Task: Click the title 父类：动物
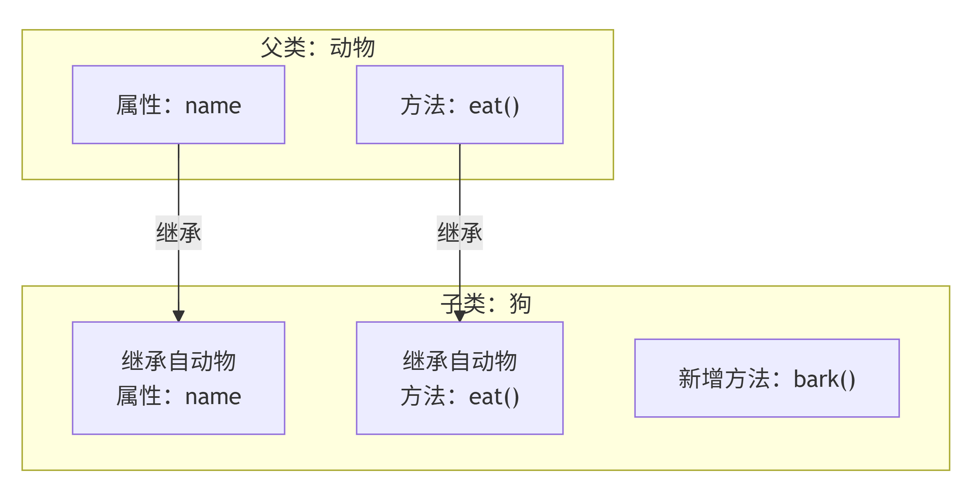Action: click(318, 48)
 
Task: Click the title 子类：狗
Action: click(486, 304)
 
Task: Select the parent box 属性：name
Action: click(178, 105)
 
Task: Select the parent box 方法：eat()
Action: click(460, 105)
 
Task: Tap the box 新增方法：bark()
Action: click(767, 378)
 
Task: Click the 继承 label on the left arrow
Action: click(178, 232)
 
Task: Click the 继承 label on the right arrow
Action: click(460, 232)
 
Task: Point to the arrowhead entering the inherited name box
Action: click(179, 316)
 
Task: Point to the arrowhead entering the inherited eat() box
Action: click(460, 316)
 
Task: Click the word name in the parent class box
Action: click(213, 106)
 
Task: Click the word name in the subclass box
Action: click(213, 397)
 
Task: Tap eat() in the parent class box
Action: click(494, 106)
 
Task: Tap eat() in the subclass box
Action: click(494, 397)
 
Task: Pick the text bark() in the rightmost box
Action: click(824, 379)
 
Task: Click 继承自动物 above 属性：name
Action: click(178, 361)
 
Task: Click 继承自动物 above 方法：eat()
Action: click(460, 361)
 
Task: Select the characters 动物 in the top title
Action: click(352, 48)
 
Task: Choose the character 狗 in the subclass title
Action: click(520, 304)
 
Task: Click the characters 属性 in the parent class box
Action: click(138, 105)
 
